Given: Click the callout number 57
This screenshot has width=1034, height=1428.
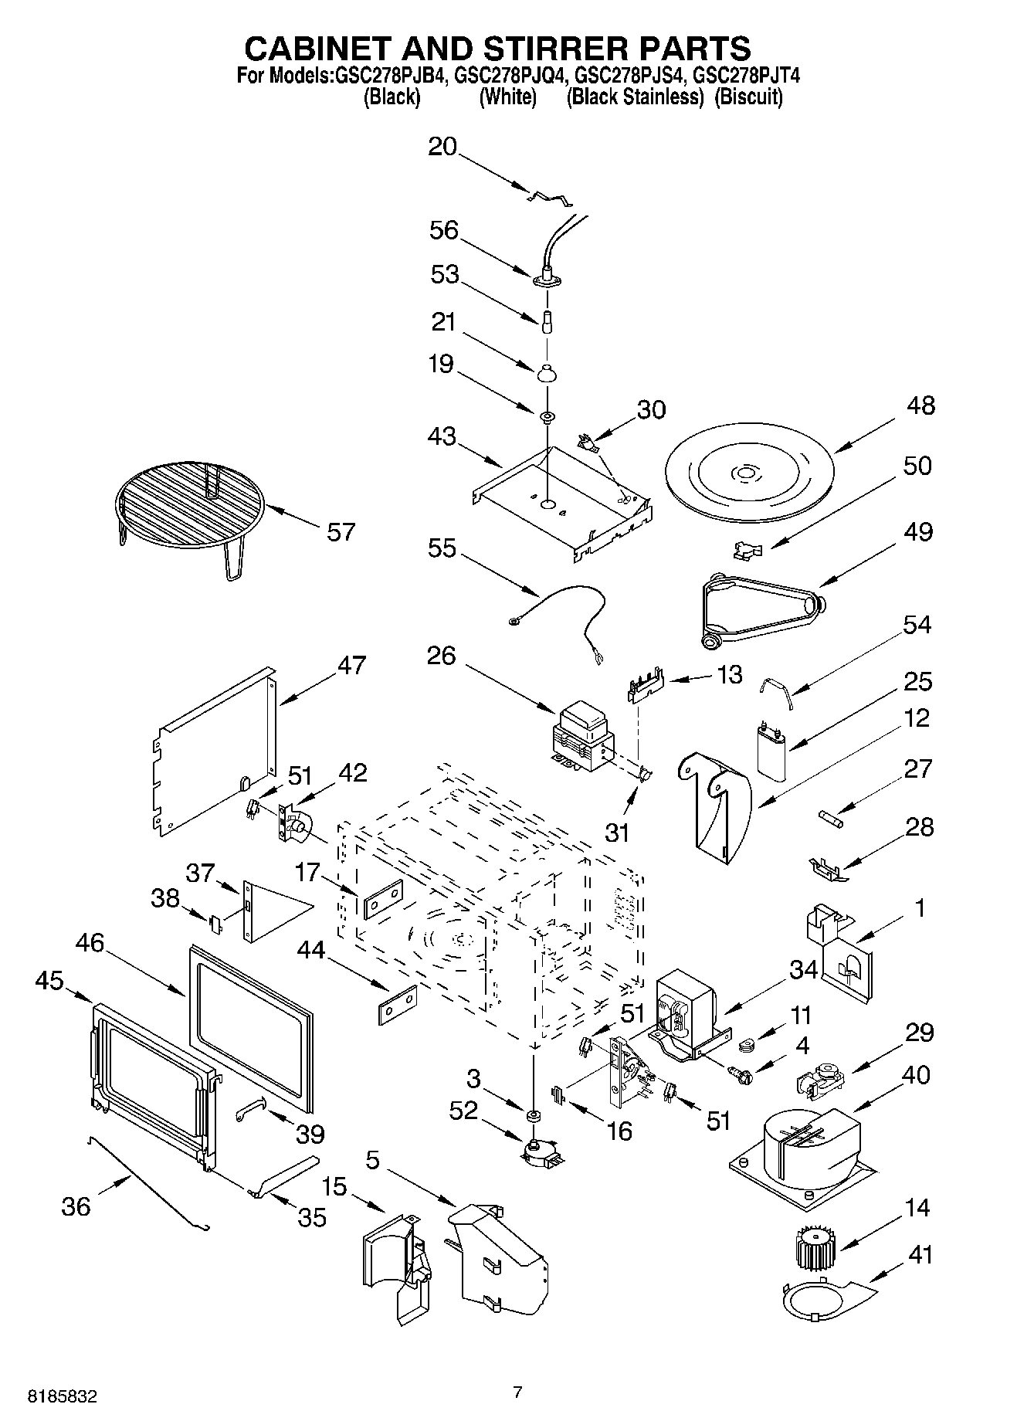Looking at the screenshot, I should click(341, 532).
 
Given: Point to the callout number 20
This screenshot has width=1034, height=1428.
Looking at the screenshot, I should click(442, 147).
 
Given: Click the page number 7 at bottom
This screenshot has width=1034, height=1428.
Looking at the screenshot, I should click(517, 1392).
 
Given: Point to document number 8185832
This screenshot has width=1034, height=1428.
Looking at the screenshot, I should click(63, 1396).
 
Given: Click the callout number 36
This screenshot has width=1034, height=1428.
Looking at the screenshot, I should click(76, 1206).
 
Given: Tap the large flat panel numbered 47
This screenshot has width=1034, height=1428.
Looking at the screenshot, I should click(215, 748).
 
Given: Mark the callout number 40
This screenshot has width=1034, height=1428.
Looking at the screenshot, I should click(916, 1074).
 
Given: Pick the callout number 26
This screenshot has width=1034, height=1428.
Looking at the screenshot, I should click(441, 656).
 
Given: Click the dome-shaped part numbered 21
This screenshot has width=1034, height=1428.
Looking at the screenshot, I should click(546, 373).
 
